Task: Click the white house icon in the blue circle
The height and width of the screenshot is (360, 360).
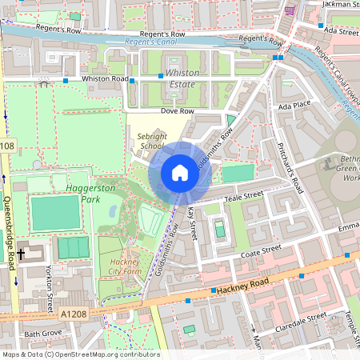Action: [179, 173]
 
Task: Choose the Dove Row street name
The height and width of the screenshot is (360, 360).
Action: [178, 111]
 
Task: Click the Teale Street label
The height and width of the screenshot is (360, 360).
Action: [243, 195]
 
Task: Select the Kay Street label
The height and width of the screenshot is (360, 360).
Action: [191, 224]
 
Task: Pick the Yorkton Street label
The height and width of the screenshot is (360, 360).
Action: [49, 280]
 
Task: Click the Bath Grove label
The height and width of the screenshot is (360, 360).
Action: [42, 333]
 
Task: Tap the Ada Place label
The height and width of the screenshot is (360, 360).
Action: [294, 105]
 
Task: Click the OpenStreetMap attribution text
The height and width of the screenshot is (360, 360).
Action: [80, 354]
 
